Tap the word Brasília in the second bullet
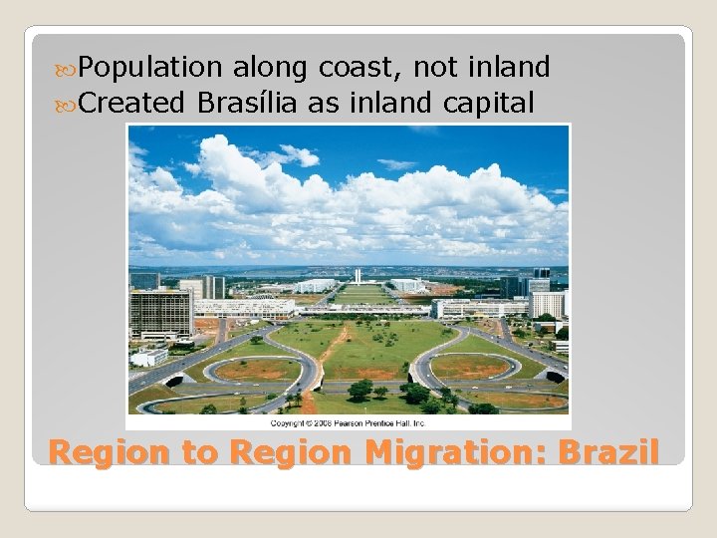coord(246,102)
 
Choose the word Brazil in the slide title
coord(608,452)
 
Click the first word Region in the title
coord(111,452)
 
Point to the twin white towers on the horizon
coord(357,276)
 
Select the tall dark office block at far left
coord(159,313)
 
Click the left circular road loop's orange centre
coord(252,369)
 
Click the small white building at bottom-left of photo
coord(150,357)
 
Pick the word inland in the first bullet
coord(512,68)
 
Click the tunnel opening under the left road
coord(176,380)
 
